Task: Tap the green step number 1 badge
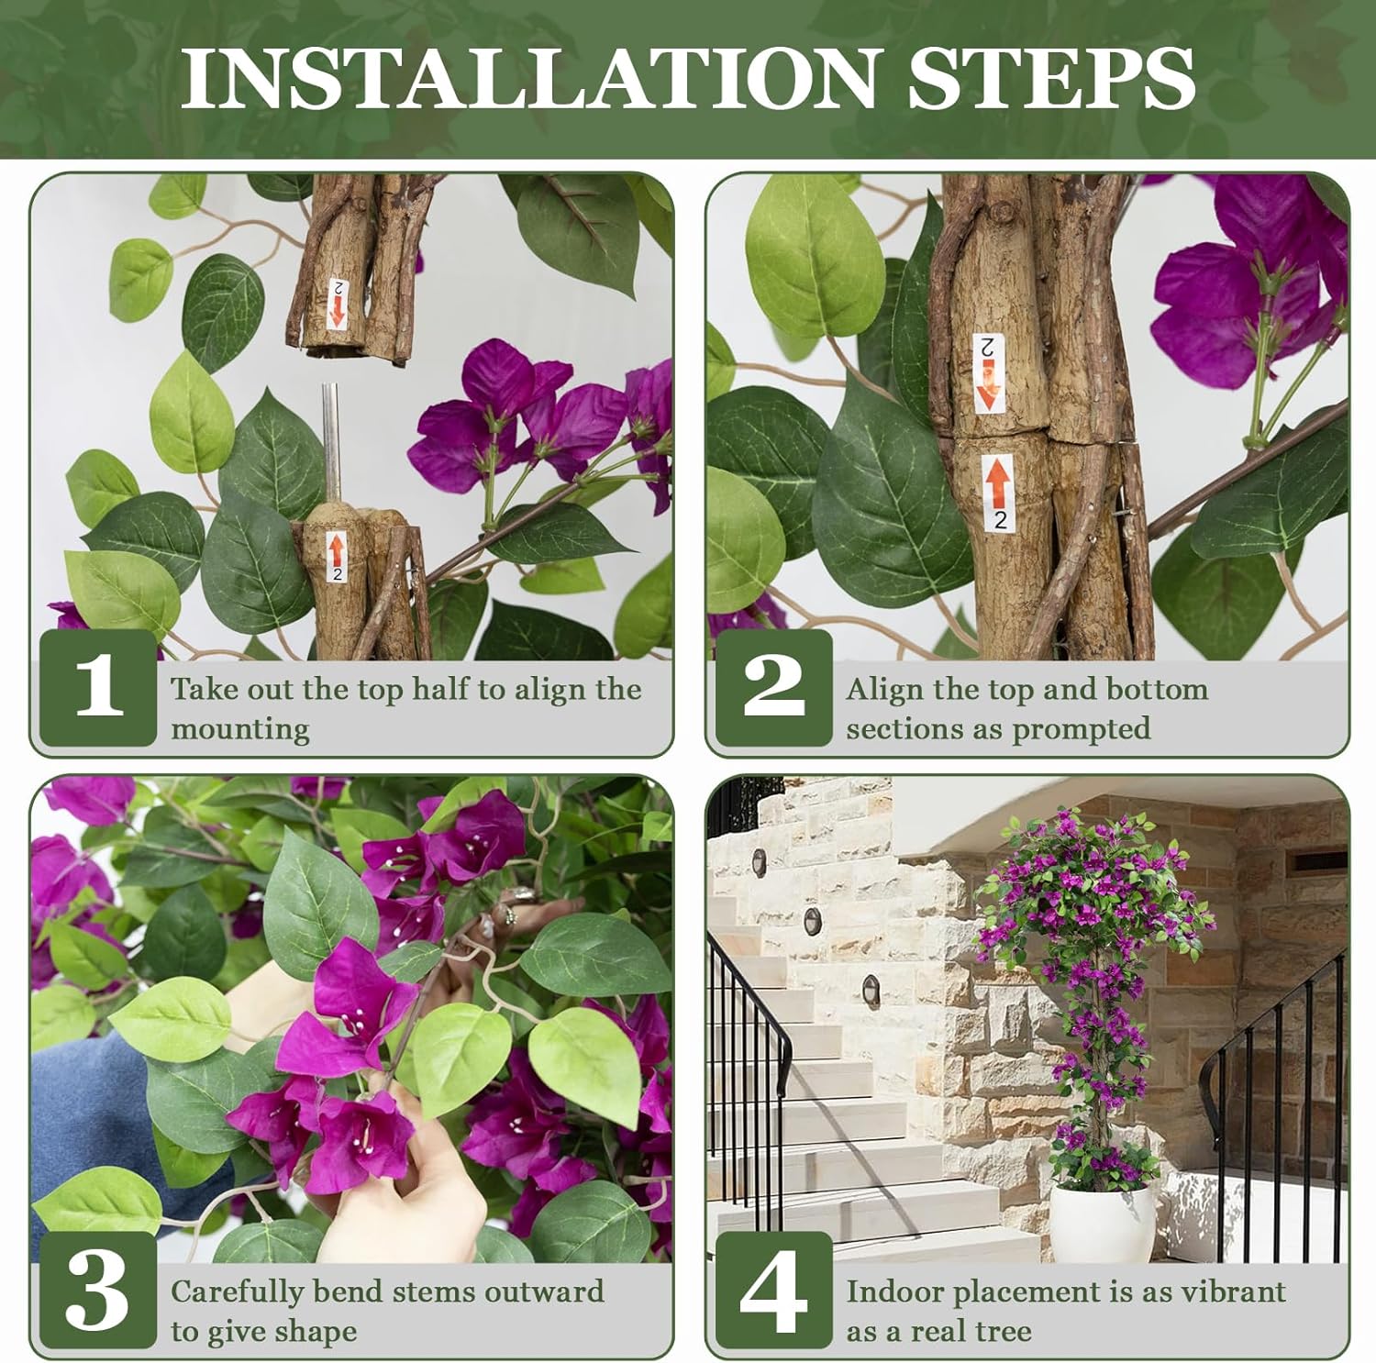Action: [98, 687]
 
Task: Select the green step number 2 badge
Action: [773, 687]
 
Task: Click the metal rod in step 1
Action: [331, 440]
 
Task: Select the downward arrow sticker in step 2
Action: [989, 372]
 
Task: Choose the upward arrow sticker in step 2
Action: [997, 491]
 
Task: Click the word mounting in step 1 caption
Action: [239, 730]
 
